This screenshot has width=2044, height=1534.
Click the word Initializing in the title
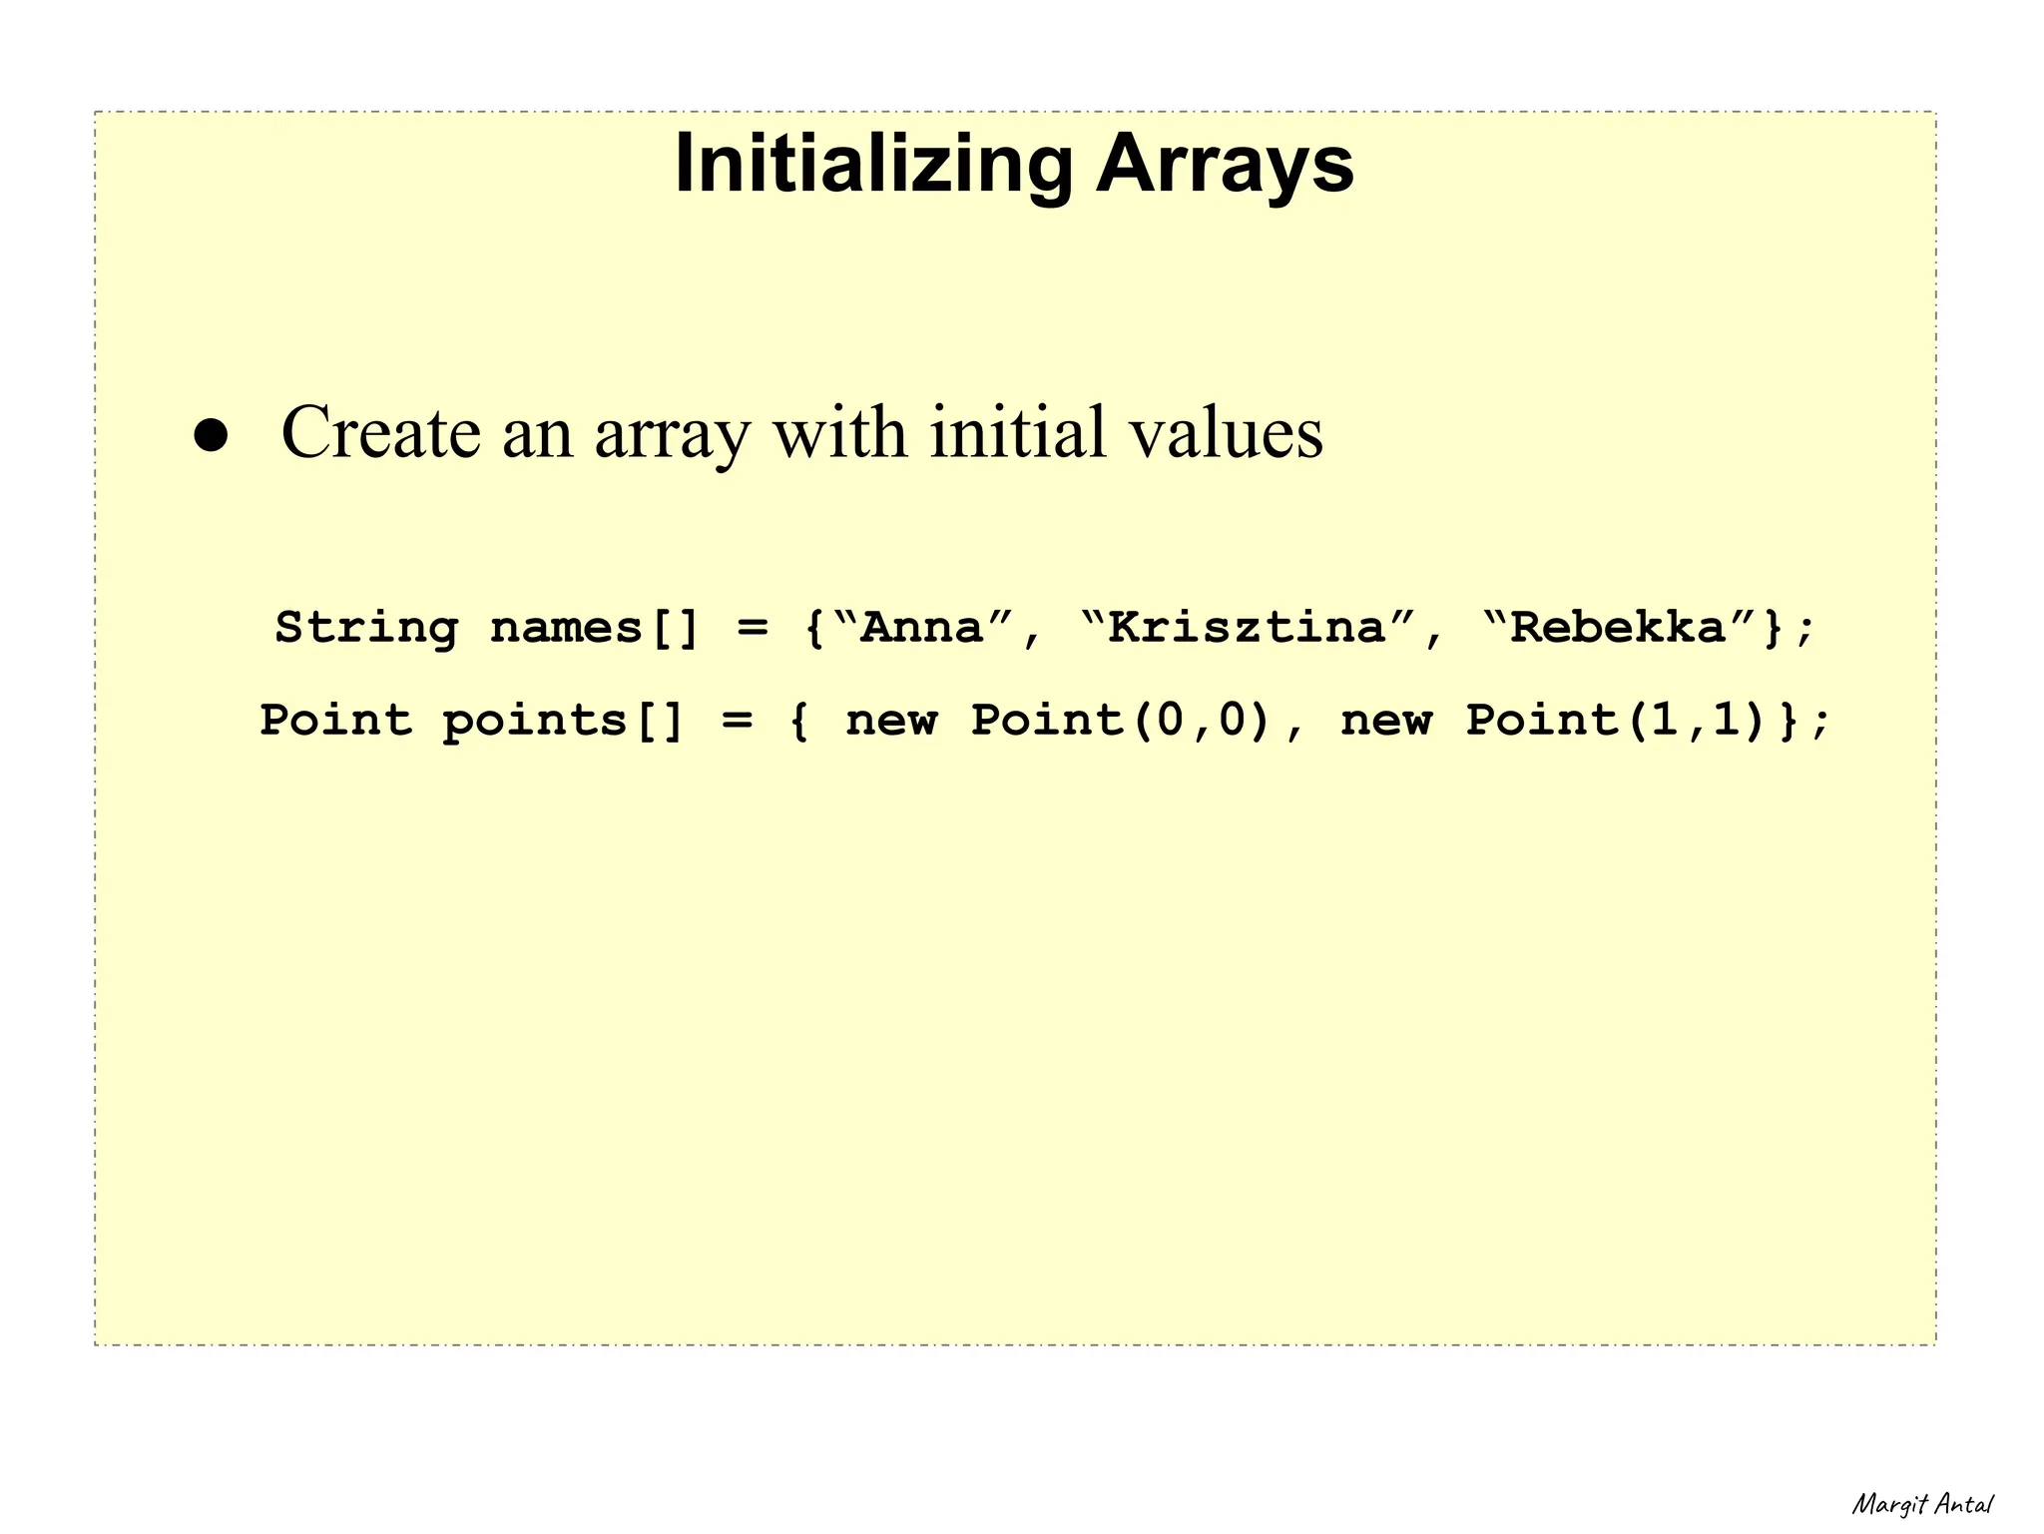click(x=873, y=165)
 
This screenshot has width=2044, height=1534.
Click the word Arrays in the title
click(x=1225, y=165)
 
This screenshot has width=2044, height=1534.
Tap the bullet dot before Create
click(x=212, y=436)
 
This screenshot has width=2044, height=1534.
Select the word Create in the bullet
click(x=380, y=433)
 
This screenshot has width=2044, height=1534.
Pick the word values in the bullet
click(x=1226, y=433)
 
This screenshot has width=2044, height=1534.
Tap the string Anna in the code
click(x=922, y=628)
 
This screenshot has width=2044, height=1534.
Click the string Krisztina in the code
click(x=1248, y=628)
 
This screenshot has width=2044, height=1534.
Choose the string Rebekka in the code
click(x=1618, y=628)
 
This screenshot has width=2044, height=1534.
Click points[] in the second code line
click(x=564, y=721)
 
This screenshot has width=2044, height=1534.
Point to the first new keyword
click(x=891, y=721)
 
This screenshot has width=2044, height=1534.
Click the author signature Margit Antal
click(x=1922, y=1504)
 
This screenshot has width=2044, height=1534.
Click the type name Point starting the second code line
click(x=335, y=721)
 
